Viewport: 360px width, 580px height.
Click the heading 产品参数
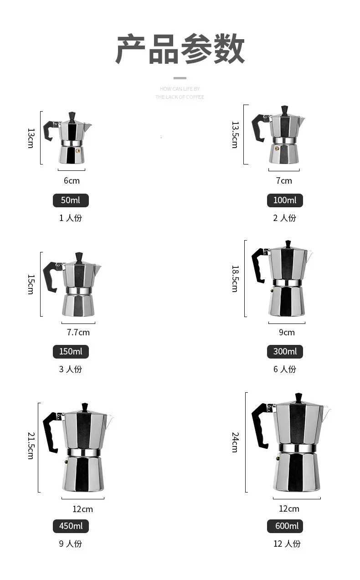pos(180,49)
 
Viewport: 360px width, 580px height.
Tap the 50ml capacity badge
pos(71,200)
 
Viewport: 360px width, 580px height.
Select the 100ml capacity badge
pos(285,200)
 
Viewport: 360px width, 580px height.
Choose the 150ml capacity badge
pos(71,351)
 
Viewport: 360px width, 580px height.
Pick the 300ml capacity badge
pos(285,351)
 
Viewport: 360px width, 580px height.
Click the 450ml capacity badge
pos(71,526)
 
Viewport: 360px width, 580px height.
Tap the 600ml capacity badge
pos(285,526)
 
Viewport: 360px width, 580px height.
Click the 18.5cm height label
pos(235,278)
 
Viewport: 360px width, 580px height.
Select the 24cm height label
pos(235,442)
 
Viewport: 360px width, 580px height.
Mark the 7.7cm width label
pos(78,332)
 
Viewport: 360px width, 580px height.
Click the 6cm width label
pos(72,180)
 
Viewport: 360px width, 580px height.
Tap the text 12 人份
pos(287,544)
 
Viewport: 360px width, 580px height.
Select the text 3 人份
pos(71,369)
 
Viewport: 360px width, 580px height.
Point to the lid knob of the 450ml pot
pos(84,406)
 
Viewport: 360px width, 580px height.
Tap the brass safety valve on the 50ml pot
pos(78,149)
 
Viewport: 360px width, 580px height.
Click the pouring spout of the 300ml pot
pos(309,255)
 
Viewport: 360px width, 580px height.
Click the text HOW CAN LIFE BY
pos(180,89)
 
